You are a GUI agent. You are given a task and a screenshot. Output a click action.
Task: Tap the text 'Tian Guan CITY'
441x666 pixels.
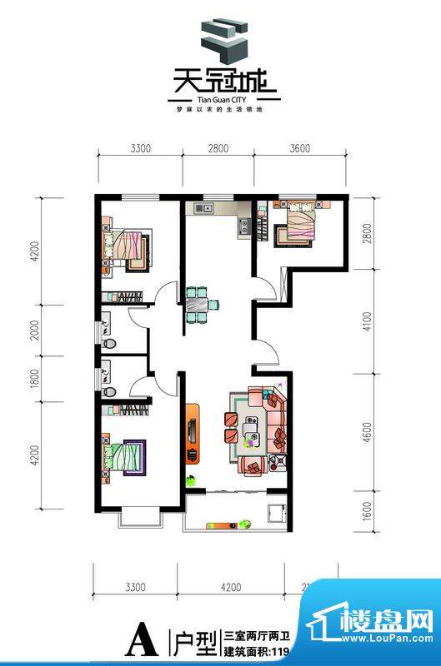point(220,97)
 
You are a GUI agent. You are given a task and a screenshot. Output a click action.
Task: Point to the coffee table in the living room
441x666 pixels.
point(251,432)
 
